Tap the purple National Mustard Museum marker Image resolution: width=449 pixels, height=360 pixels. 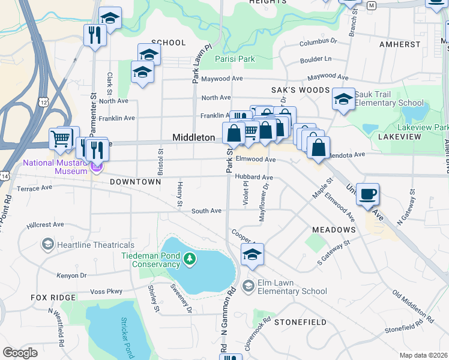(x=97, y=166)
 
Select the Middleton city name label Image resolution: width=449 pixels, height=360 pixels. (x=193, y=137)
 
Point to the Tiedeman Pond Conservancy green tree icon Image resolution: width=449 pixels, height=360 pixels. (x=190, y=259)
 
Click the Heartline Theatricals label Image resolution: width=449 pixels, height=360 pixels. (x=95, y=245)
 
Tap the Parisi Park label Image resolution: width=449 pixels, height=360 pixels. (x=235, y=59)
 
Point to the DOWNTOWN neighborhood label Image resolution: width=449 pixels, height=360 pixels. (x=135, y=181)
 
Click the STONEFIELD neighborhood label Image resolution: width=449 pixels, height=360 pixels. (x=300, y=322)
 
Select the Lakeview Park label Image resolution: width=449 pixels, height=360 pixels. (x=425, y=128)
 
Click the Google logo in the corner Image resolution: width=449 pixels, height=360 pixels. (x=20, y=353)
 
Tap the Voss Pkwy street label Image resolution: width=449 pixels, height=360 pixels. (x=106, y=292)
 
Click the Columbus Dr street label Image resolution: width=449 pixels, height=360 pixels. (x=318, y=43)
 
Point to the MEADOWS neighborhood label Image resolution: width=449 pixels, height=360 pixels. (x=334, y=230)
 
